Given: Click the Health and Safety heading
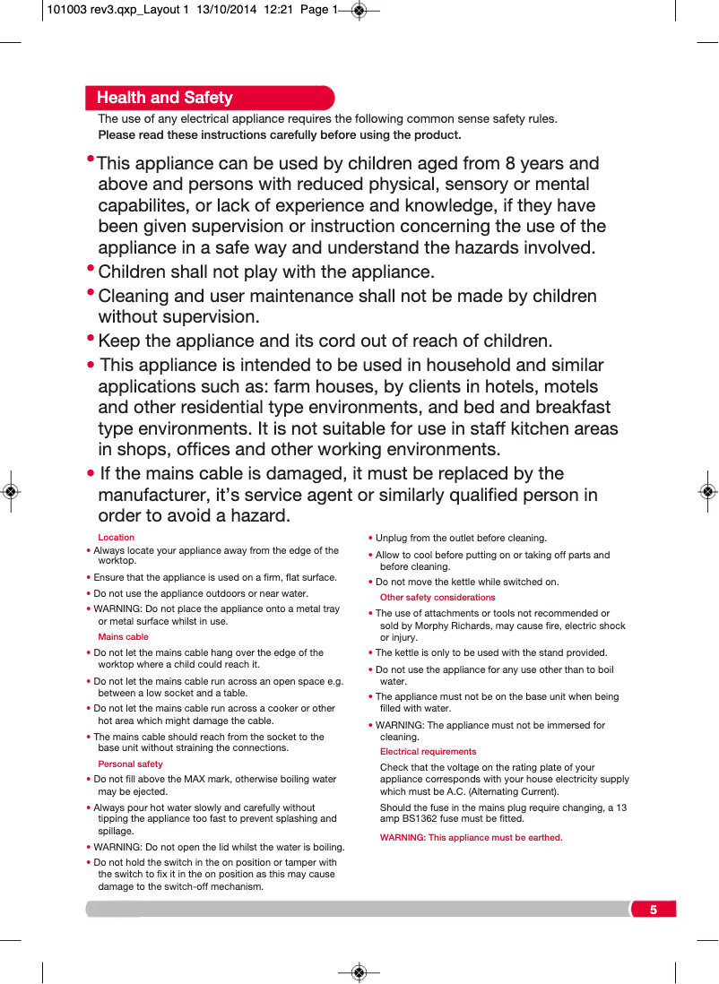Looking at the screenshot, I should click(x=164, y=98).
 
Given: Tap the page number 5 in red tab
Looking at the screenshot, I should click(x=654, y=910).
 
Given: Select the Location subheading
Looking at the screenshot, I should click(x=117, y=538).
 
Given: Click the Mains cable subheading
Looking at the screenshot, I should click(x=124, y=637).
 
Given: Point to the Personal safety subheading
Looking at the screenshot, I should click(x=131, y=764).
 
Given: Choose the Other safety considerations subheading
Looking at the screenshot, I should click(x=437, y=598).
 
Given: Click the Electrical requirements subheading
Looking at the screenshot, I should click(x=429, y=752).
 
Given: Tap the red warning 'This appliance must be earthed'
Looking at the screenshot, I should click(x=472, y=838).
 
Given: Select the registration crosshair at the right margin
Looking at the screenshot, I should click(x=708, y=492).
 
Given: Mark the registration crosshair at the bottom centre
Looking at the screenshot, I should click(x=359, y=972).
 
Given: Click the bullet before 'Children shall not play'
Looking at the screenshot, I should click(x=91, y=269).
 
